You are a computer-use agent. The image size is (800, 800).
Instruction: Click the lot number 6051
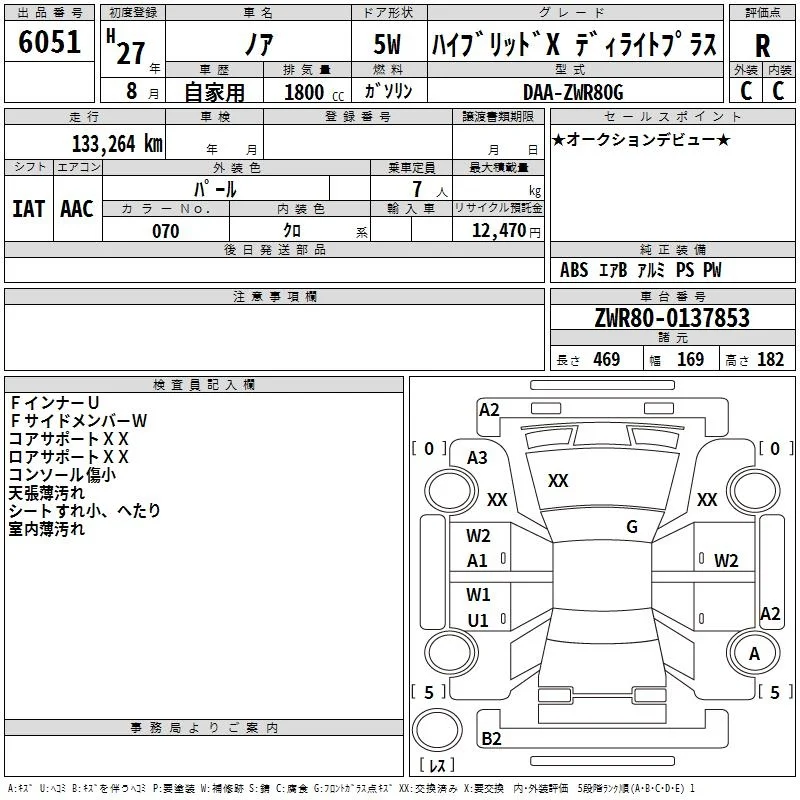(49, 42)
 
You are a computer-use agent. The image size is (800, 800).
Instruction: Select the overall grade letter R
(762, 46)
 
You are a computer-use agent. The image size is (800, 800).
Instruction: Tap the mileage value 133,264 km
(117, 144)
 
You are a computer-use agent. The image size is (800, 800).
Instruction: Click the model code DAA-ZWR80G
(573, 92)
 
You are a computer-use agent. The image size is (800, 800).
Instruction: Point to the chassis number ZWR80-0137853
(672, 318)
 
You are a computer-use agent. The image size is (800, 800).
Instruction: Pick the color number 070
(166, 231)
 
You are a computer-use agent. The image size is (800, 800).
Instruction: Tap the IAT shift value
(29, 209)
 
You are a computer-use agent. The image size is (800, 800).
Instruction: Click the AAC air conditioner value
(77, 209)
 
